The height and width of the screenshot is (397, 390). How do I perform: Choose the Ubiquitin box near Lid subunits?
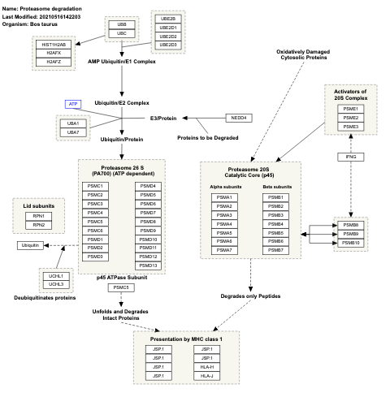[30, 244]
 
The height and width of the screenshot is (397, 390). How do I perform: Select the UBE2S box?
[167, 18]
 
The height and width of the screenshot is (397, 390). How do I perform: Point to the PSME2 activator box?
[349, 118]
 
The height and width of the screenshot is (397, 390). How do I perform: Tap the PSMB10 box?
[350, 243]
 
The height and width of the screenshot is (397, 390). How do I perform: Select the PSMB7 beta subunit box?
[274, 250]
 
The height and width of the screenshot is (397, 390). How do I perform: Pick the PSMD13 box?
[148, 265]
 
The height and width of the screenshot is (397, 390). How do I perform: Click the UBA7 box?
[71, 132]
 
